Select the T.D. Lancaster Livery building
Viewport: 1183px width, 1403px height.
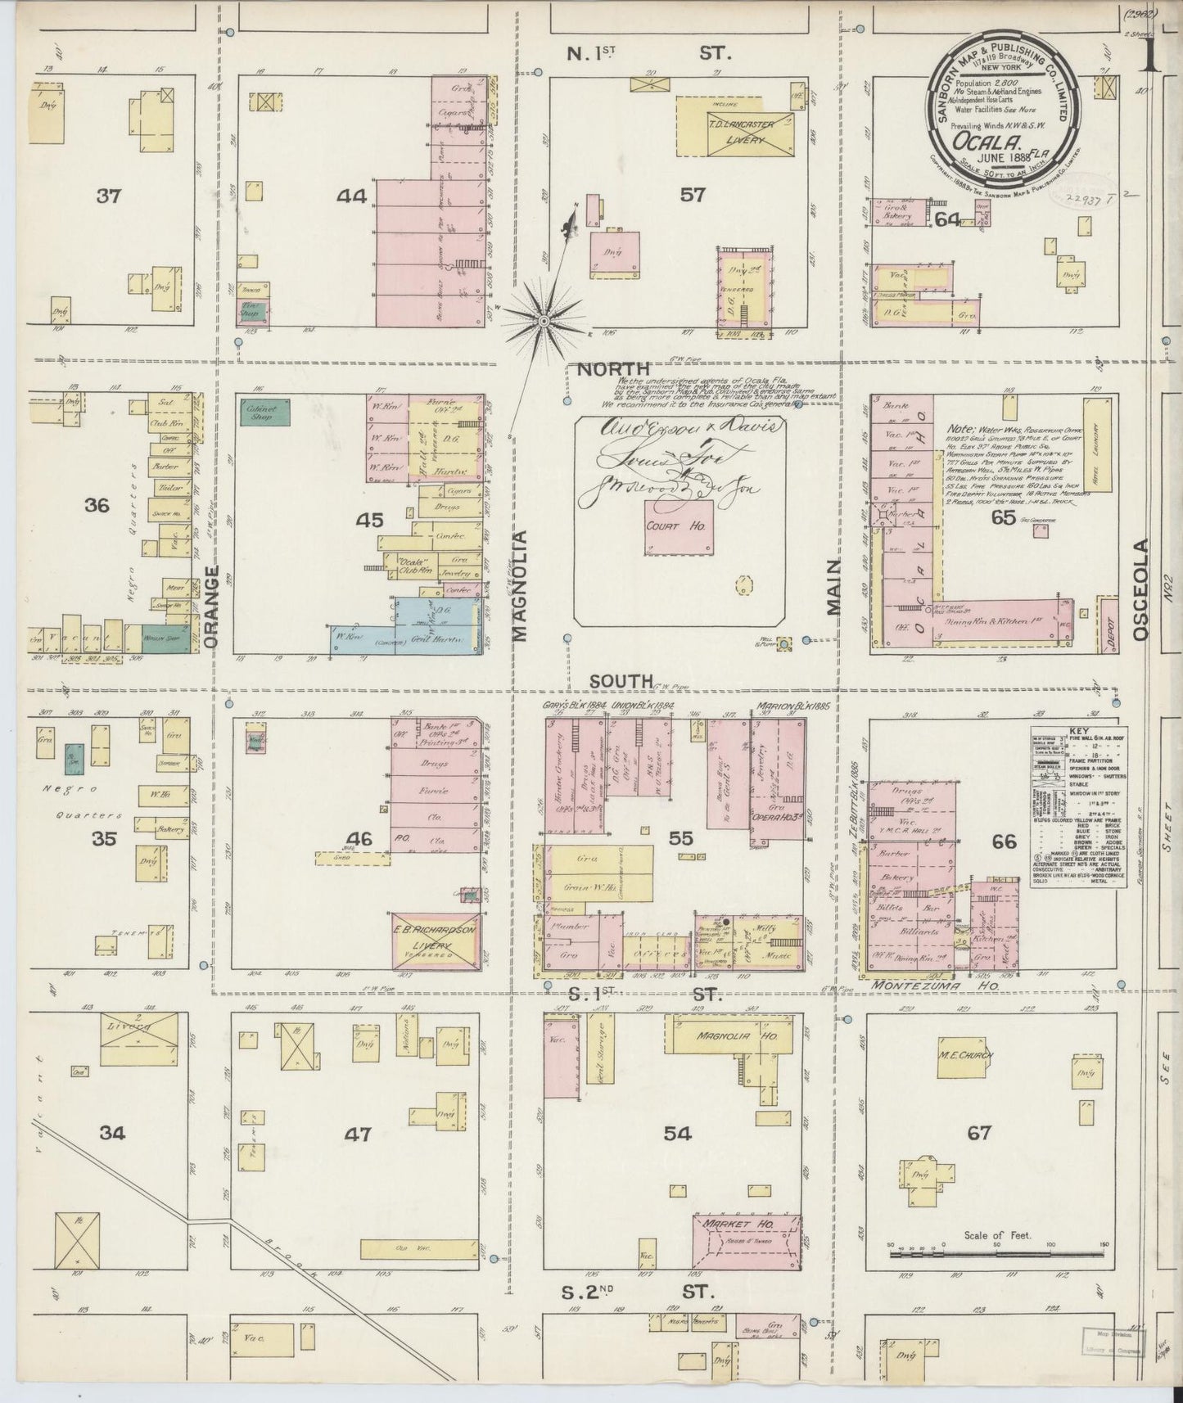pos(735,127)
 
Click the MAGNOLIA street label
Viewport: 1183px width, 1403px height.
pos(521,583)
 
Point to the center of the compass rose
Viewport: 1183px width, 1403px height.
pos(542,322)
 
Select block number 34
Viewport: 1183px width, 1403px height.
pos(113,1133)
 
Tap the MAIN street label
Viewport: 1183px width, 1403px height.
pos(833,587)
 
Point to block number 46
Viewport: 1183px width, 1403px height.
pos(359,838)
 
